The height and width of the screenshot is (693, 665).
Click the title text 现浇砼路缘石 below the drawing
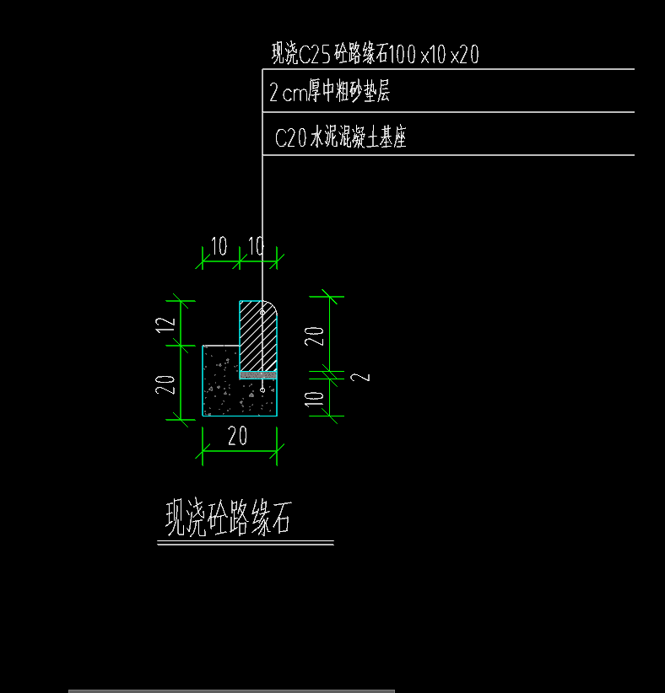(x=229, y=518)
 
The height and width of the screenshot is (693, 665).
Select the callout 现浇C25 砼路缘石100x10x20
(x=376, y=54)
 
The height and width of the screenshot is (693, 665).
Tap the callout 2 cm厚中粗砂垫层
(x=330, y=92)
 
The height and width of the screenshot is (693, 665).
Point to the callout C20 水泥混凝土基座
(x=340, y=137)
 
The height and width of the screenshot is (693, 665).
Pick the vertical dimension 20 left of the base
(x=165, y=384)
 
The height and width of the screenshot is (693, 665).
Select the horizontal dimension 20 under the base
(x=238, y=437)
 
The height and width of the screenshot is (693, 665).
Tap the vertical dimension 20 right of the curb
(x=315, y=336)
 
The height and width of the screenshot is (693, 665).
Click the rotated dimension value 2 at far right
(x=360, y=378)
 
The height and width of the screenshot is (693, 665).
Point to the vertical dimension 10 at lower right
(x=315, y=399)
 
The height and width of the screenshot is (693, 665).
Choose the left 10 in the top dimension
(x=219, y=246)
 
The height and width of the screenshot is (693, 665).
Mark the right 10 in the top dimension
(x=257, y=246)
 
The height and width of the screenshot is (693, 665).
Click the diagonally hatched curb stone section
(x=258, y=336)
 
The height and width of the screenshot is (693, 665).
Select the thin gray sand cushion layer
(x=258, y=376)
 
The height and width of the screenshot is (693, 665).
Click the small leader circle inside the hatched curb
(x=262, y=313)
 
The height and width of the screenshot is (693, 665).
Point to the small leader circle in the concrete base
(x=262, y=390)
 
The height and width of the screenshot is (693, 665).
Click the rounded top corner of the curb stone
(x=273, y=305)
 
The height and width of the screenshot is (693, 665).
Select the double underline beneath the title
(x=246, y=543)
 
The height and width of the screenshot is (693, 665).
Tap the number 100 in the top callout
(x=403, y=54)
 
